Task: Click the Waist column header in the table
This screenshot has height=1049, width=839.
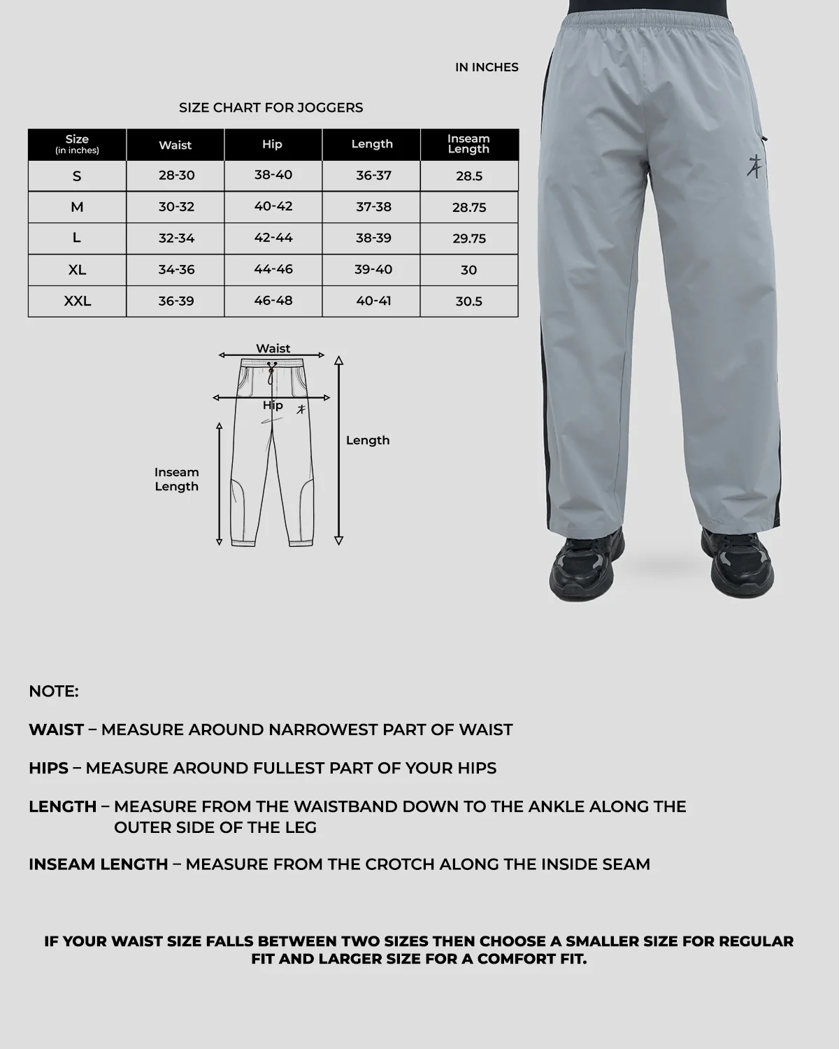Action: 175,145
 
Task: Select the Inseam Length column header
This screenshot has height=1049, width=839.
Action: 468,144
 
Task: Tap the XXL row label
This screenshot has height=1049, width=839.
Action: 77,301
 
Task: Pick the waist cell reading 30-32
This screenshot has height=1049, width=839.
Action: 176,207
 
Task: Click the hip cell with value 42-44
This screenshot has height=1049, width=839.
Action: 273,238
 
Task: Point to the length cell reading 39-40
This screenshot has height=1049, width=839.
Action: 373,269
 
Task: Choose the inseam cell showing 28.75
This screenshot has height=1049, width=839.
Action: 469,208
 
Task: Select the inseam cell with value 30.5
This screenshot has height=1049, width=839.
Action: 469,301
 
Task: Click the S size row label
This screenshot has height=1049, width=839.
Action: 77,176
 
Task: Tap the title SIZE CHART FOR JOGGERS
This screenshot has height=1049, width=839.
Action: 271,108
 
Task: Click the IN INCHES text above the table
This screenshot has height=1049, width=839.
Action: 487,67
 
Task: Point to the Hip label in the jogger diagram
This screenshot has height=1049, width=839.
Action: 273,406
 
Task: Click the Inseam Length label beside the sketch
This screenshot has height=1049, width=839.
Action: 177,480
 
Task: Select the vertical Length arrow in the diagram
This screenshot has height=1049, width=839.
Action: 339,451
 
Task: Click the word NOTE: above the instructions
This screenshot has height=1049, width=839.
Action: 54,692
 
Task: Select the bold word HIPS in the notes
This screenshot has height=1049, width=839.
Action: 48,768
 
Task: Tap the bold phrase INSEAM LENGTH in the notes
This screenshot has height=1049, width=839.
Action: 99,864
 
